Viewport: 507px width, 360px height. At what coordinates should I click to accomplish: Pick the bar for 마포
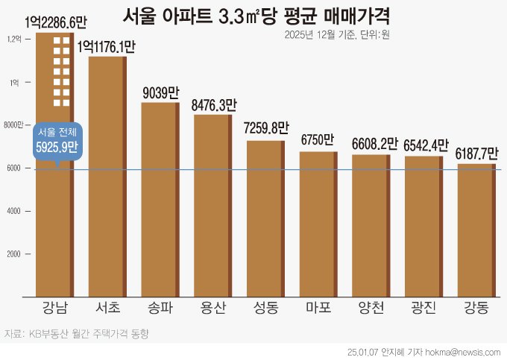tap(318, 223)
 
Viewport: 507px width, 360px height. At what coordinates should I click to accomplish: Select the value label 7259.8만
tap(265, 130)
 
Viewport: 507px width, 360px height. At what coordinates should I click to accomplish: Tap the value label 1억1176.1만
tap(107, 47)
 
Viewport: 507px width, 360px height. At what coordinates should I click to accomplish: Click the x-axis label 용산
tap(212, 307)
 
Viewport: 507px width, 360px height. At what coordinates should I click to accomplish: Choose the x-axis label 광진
tap(423, 307)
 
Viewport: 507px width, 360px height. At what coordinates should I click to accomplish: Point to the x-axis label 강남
tap(54, 307)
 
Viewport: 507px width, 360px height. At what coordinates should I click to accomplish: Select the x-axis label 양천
tap(371, 307)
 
